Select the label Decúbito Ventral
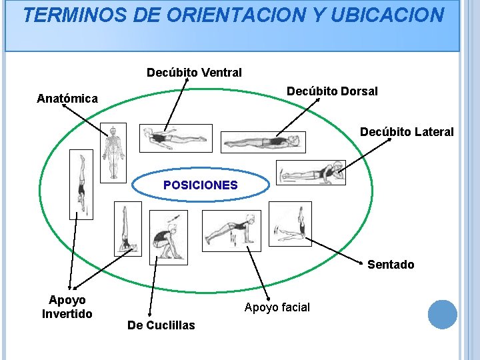tap(194, 72)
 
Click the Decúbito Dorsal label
tap(332, 91)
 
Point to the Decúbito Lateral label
tap(407, 132)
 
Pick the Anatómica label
tap(67, 99)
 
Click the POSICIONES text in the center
tap(200, 185)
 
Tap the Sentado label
tap(391, 265)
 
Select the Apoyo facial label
tap(277, 307)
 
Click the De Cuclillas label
tap(161, 325)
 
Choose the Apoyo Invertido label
tap(67, 307)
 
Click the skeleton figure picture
tap(113, 153)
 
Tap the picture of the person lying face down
tap(175, 138)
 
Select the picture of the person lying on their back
tap(263, 142)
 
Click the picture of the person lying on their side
tap(311, 172)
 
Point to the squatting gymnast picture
tap(169, 237)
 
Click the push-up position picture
tap(231, 231)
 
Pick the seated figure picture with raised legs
tap(290, 224)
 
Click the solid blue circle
tap(442, 315)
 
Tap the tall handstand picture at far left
tap(81, 184)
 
